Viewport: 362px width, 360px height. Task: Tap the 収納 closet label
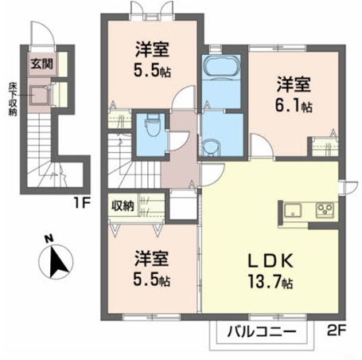(x=123, y=206)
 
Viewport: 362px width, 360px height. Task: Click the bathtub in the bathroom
(x=217, y=68)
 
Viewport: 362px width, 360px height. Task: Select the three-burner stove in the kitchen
(x=325, y=210)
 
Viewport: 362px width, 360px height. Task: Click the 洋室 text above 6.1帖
(x=292, y=81)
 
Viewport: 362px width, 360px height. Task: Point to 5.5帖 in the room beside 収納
(x=151, y=280)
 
